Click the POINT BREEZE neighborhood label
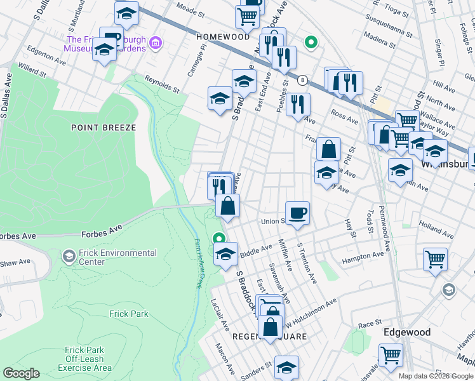104,128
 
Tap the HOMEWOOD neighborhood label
223,37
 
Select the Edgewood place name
407,332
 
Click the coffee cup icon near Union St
297,213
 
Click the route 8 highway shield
304,80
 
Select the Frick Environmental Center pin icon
68,257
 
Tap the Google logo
21,373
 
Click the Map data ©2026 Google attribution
435,376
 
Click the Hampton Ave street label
363,257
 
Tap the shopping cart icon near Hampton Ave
435,258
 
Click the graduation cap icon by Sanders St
286,368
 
